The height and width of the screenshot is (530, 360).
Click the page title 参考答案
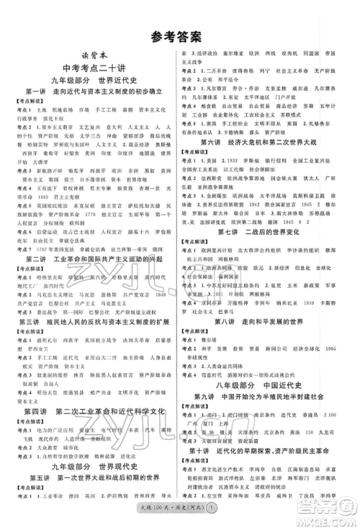(179, 34)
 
